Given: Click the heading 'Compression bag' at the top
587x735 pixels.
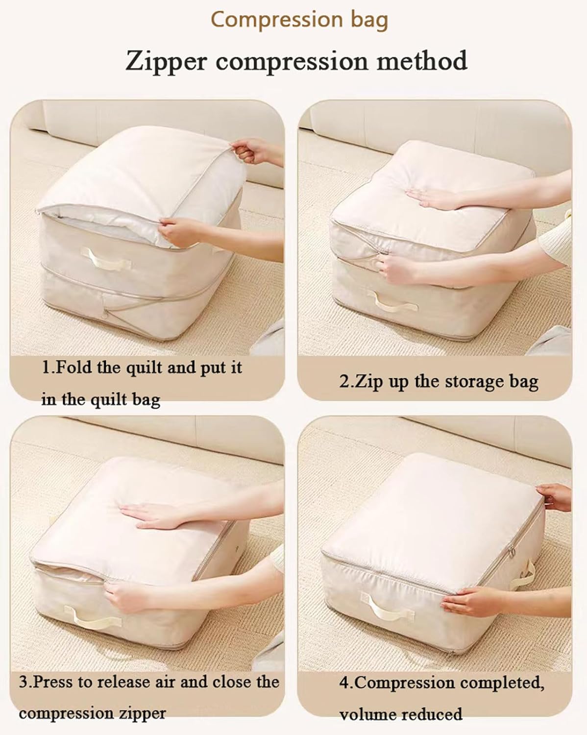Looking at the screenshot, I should pos(299,20).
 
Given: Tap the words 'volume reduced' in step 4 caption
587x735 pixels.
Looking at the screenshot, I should pos(401,714).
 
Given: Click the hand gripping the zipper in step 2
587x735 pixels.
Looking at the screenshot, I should pos(397,268).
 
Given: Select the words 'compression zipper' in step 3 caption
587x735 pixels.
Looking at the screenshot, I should pos(92,713).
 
